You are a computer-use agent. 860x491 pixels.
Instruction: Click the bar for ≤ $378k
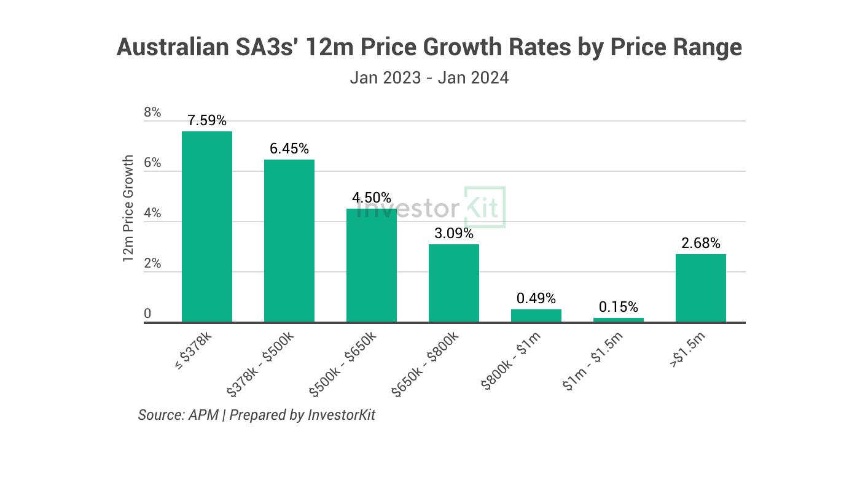[x=207, y=226]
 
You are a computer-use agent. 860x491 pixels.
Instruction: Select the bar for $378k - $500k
[x=289, y=241]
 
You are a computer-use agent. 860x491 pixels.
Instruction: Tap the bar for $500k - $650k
[x=372, y=265]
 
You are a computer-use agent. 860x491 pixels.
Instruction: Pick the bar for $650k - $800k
[x=454, y=283]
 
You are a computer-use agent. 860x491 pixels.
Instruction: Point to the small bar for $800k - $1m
[x=536, y=315]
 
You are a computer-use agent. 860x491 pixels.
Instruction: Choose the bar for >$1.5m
[x=701, y=288]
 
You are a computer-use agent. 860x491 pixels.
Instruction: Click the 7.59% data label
[x=207, y=120]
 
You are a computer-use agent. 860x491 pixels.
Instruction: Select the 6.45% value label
[x=289, y=149]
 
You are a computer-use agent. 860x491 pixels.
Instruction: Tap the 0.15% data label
[x=619, y=307]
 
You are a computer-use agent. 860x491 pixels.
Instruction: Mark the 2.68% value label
[x=701, y=243]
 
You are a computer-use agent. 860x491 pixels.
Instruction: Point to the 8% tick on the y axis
[x=152, y=112]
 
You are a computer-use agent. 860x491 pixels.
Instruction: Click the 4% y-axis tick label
[x=152, y=213]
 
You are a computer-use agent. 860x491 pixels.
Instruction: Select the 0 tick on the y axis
[x=147, y=314]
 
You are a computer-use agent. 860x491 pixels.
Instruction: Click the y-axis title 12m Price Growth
[x=128, y=209]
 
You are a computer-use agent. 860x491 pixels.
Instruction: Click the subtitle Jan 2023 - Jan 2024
[x=429, y=78]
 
